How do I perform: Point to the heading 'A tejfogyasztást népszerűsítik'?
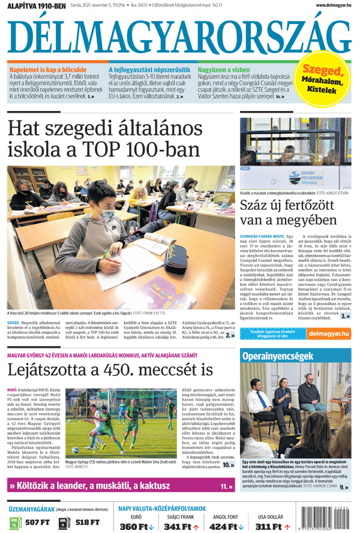click(x=149, y=70)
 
